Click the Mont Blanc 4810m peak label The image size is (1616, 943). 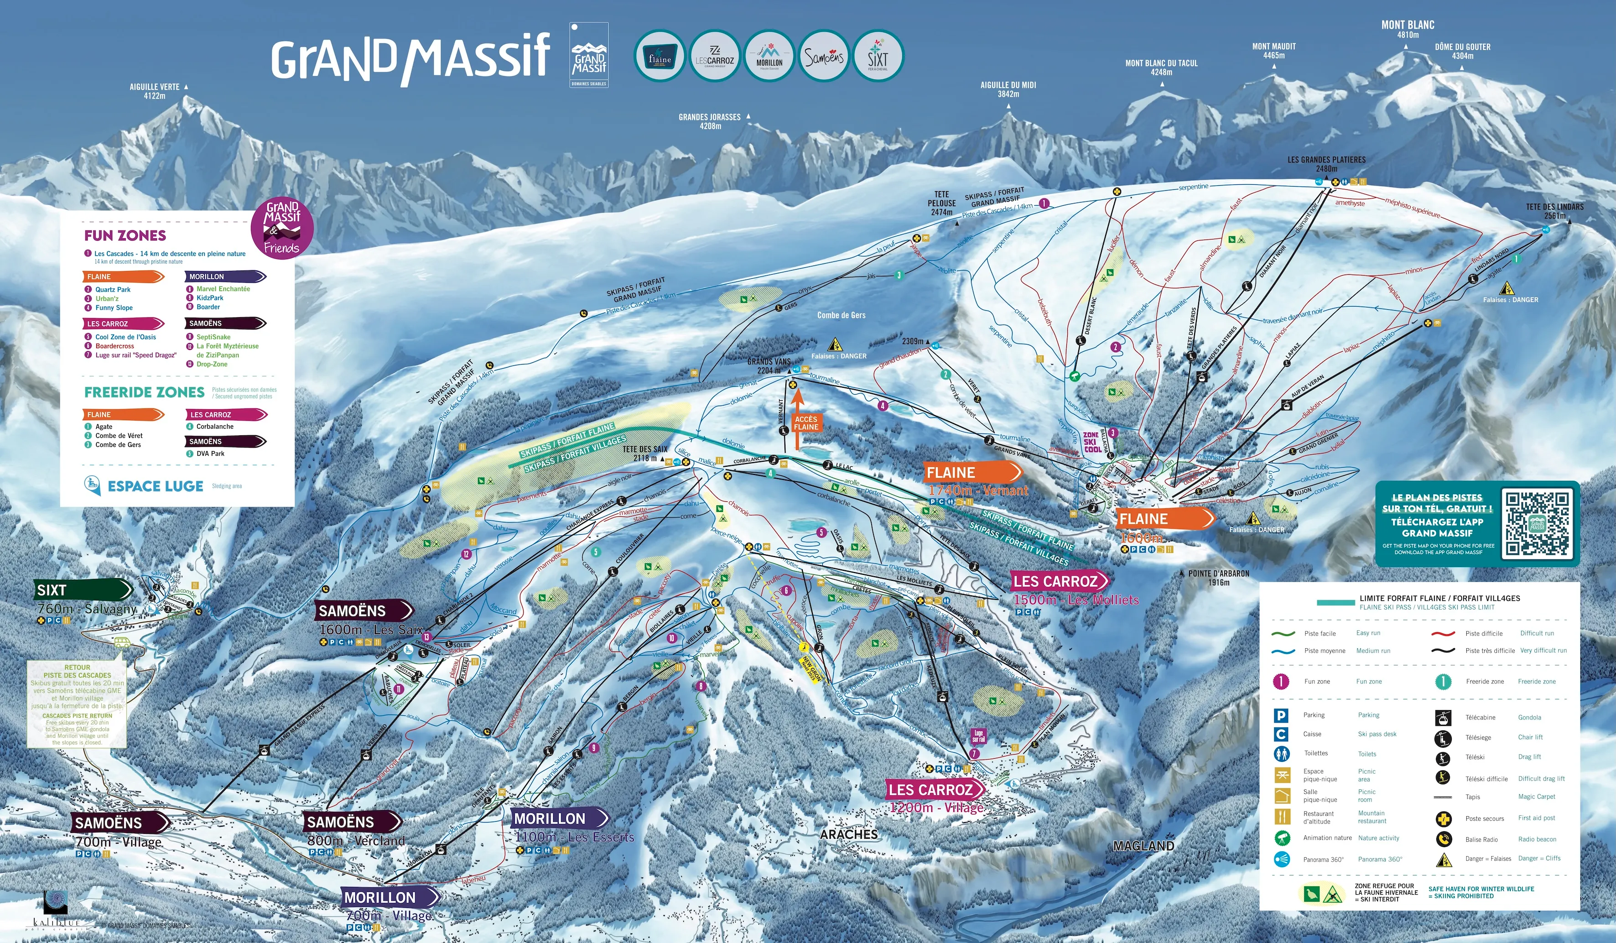click(x=1408, y=29)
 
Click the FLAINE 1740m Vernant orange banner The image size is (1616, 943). click(x=971, y=473)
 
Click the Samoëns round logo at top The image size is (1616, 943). click(x=824, y=57)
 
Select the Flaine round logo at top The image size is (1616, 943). click(x=659, y=57)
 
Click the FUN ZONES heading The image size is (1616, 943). click(x=125, y=235)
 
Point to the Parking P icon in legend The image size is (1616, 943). click(x=1281, y=716)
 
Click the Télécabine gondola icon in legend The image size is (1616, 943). click(x=1443, y=718)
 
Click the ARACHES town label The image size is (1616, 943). click(x=848, y=834)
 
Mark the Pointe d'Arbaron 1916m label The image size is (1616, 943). click(x=1218, y=578)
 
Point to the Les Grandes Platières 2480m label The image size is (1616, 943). click(x=1326, y=164)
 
